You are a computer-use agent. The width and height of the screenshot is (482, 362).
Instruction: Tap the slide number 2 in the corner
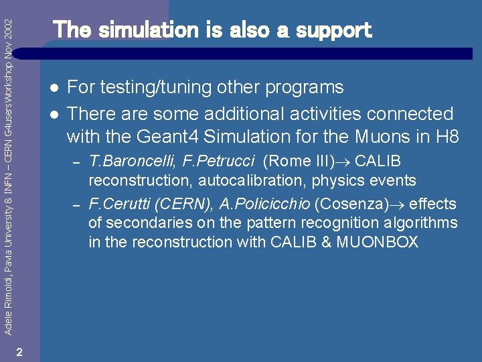coord(20,353)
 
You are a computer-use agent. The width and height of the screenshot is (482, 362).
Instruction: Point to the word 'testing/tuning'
coord(151,88)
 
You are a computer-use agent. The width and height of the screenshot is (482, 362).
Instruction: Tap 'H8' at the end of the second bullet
coord(447,137)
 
